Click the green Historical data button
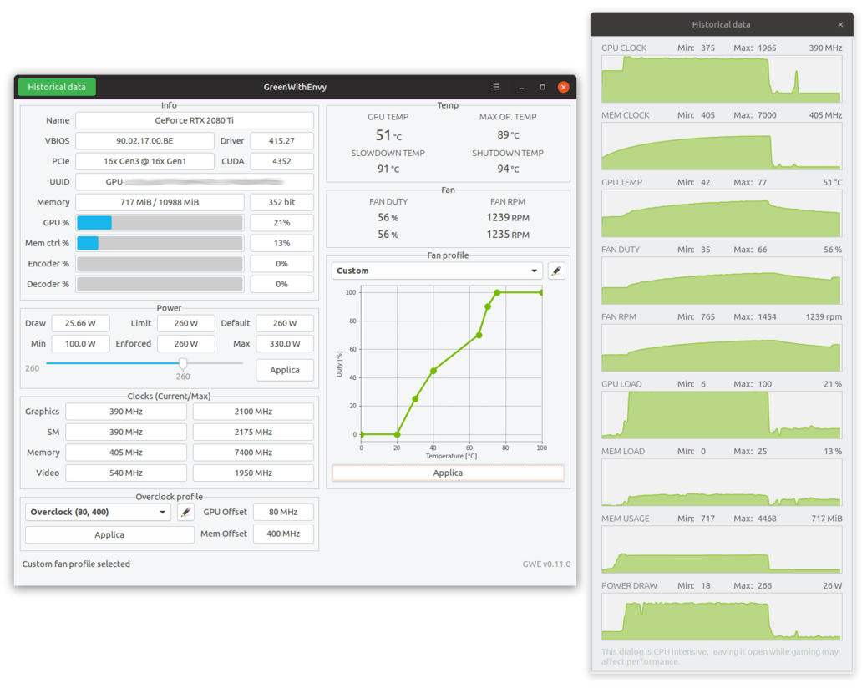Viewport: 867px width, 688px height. (x=57, y=87)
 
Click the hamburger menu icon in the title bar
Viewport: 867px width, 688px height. (x=496, y=87)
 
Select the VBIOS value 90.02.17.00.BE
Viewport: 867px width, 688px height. (x=144, y=141)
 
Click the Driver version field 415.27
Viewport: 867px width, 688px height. (x=281, y=141)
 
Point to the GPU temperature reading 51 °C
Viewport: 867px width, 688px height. (x=388, y=135)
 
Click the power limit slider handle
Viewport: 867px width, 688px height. (x=183, y=363)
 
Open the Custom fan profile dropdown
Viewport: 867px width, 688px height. (x=437, y=271)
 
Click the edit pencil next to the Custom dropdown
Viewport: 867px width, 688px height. (x=556, y=271)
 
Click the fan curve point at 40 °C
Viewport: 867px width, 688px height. (x=433, y=371)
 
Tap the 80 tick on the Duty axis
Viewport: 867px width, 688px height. (x=352, y=321)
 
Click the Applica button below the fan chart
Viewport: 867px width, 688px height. (x=448, y=473)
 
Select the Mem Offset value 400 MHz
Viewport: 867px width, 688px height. (x=283, y=534)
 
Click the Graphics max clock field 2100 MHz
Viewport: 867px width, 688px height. (x=253, y=412)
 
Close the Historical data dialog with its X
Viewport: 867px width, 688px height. (x=840, y=25)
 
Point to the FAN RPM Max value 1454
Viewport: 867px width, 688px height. (x=767, y=317)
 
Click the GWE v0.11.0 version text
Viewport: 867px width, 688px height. (x=546, y=564)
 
